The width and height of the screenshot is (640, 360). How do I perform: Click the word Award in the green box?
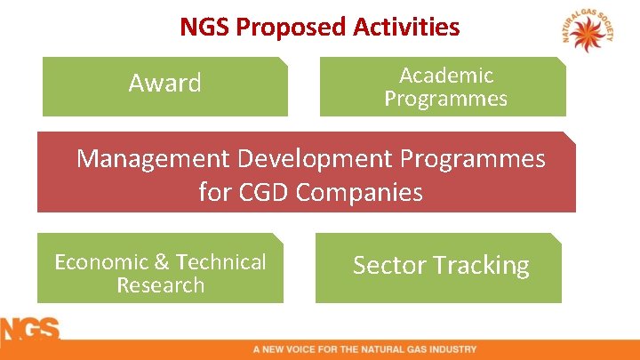pyautogui.click(x=164, y=84)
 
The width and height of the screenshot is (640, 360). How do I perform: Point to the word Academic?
pyautogui.click(x=445, y=76)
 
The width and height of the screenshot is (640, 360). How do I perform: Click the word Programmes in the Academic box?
pyautogui.click(x=445, y=99)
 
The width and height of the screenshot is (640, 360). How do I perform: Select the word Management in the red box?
pyautogui.click(x=153, y=159)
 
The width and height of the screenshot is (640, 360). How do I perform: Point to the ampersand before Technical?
pyautogui.click(x=162, y=262)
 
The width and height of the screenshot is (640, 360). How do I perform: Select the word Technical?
pyautogui.click(x=221, y=262)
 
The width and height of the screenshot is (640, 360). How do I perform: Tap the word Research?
pyautogui.click(x=160, y=285)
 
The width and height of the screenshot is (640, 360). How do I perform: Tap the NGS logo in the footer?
pyautogui.click(x=29, y=332)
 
